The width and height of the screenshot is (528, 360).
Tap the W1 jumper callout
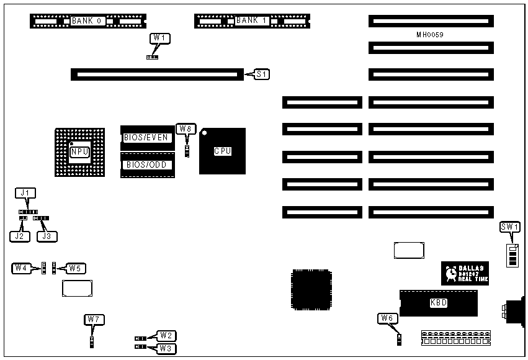(x=159, y=38)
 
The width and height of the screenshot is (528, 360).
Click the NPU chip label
(x=79, y=151)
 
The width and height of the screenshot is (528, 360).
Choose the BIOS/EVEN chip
(x=146, y=137)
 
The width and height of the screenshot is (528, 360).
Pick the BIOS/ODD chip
(x=146, y=165)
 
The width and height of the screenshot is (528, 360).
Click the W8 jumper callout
(x=185, y=129)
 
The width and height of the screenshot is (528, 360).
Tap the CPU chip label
(x=222, y=151)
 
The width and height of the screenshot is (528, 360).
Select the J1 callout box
(x=25, y=193)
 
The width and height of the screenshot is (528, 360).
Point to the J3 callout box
(x=45, y=236)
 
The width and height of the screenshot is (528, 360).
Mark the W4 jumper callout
(x=21, y=268)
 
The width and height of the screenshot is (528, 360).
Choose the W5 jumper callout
(x=76, y=268)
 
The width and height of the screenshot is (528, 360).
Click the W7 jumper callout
(x=93, y=320)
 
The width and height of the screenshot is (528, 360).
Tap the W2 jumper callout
(x=166, y=336)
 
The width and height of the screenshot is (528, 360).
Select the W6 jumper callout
(x=388, y=319)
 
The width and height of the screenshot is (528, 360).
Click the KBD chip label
(x=438, y=304)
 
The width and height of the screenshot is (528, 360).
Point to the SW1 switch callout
(x=510, y=227)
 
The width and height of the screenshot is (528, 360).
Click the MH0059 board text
(x=430, y=35)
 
